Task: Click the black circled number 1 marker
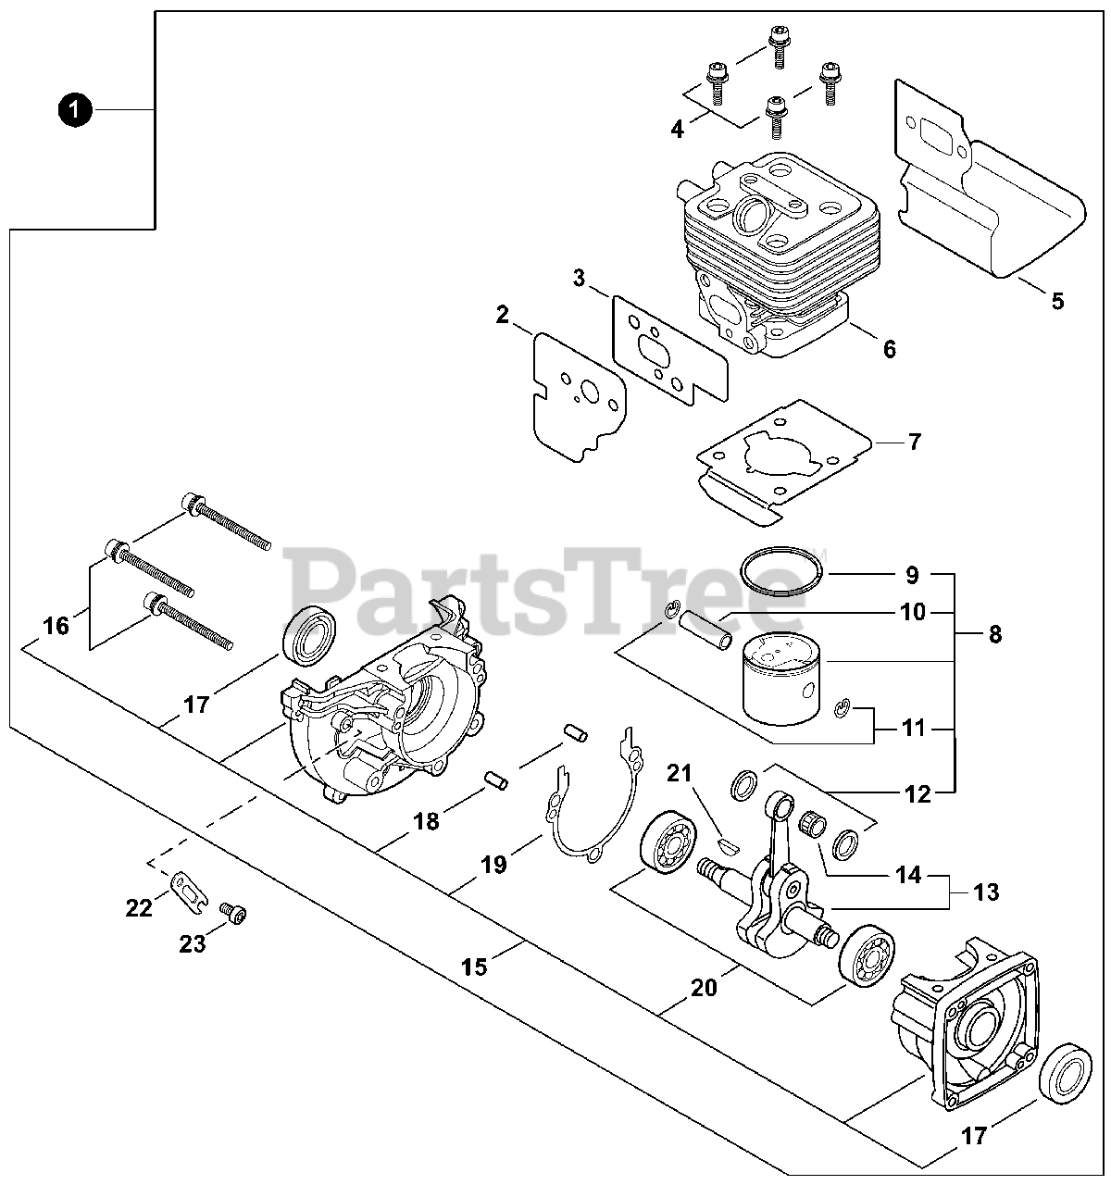coord(74,110)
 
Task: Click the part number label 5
coord(1057,301)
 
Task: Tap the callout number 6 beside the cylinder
coord(889,349)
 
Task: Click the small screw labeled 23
coord(237,915)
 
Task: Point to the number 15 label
coord(474,967)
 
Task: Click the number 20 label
coord(704,988)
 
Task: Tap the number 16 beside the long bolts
coord(56,626)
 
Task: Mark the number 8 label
coord(994,635)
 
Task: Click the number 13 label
coord(986,892)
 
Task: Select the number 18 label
coord(426,820)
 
